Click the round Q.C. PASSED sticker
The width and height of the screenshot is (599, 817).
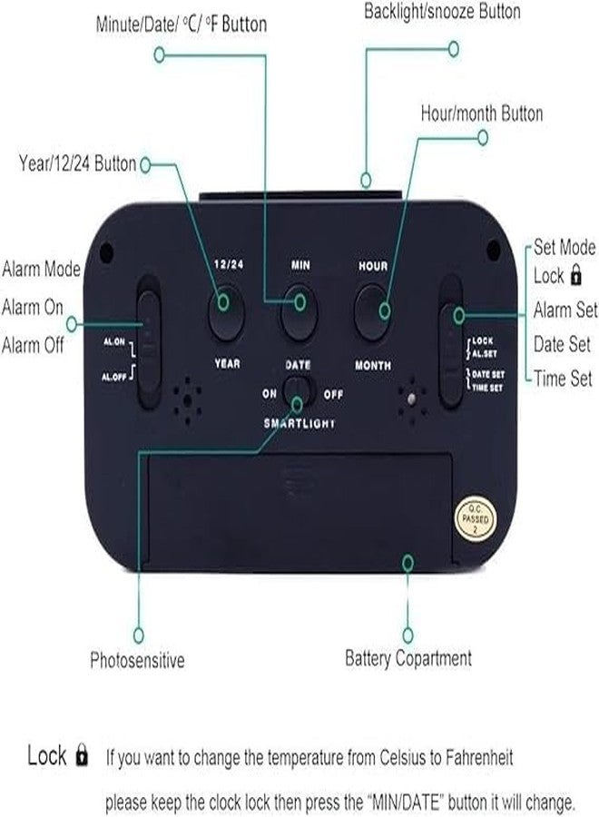[475, 519]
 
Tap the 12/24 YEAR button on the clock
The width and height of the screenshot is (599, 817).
[227, 311]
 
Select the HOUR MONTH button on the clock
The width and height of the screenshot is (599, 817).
[372, 311]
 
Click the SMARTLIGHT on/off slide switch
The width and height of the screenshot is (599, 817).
[298, 393]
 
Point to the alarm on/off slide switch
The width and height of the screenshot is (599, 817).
[149, 341]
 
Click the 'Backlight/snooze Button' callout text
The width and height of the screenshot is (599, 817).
[442, 12]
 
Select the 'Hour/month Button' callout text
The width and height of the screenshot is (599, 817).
[482, 113]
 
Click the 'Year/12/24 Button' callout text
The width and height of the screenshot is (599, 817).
[78, 163]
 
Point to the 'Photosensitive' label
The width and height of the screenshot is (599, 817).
[138, 660]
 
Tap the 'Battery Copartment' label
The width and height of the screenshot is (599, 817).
[408, 659]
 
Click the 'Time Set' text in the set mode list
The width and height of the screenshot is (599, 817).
[563, 379]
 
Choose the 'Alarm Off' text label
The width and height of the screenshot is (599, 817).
[33, 345]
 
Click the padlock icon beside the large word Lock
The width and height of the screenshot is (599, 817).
[82, 755]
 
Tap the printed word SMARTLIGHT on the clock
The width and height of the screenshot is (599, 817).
[299, 423]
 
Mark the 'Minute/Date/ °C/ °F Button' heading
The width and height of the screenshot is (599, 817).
[182, 24]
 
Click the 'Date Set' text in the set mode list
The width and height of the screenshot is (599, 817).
[562, 344]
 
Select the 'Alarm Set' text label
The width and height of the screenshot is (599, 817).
[565, 310]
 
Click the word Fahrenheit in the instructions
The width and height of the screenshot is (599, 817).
[478, 757]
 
